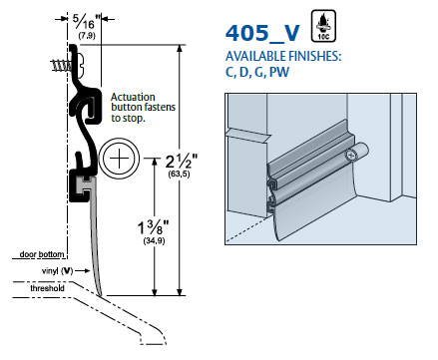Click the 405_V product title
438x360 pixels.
(x=262, y=33)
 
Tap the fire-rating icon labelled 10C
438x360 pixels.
(x=323, y=26)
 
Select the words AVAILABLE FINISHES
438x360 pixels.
(x=283, y=56)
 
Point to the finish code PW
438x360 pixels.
(x=279, y=72)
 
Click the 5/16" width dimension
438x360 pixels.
(x=84, y=22)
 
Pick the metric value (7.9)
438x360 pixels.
(x=87, y=36)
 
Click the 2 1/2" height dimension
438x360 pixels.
(x=182, y=162)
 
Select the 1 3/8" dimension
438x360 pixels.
(x=154, y=227)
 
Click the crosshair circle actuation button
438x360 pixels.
(x=119, y=159)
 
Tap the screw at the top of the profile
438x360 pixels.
(x=68, y=65)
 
